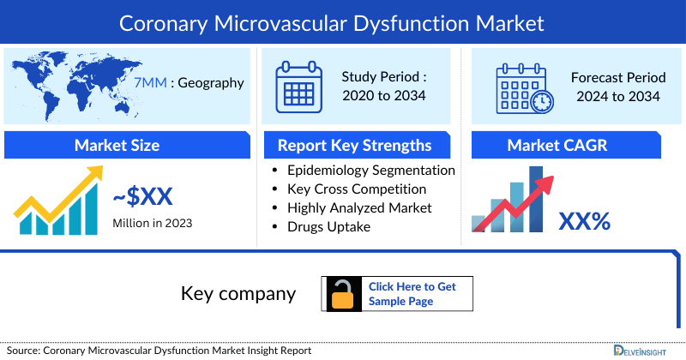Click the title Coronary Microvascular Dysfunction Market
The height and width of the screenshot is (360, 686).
(x=343, y=22)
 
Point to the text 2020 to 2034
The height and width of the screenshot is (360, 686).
(x=384, y=96)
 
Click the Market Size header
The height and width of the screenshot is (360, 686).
(x=117, y=145)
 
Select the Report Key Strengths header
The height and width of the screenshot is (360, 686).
(x=354, y=145)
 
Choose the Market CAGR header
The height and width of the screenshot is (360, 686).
(x=569, y=145)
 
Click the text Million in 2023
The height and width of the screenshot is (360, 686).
(x=152, y=224)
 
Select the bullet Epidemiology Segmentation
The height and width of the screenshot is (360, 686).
(x=370, y=170)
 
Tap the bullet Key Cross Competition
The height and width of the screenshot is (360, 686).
(x=357, y=189)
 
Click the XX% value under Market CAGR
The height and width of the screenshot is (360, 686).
(x=584, y=222)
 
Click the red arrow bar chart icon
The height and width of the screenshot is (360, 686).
(x=513, y=201)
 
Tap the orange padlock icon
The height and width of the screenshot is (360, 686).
(x=342, y=294)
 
